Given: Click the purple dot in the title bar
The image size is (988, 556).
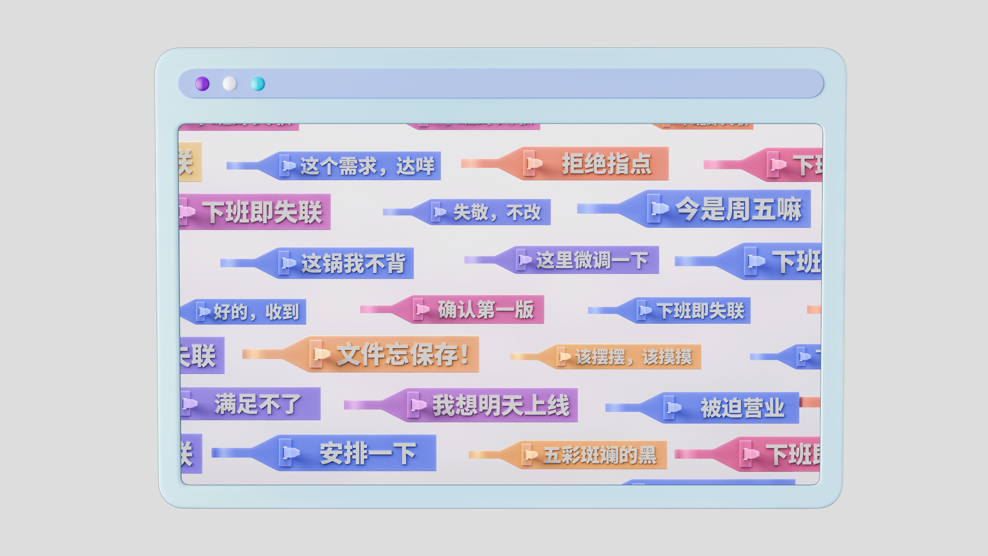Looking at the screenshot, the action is (x=202, y=84).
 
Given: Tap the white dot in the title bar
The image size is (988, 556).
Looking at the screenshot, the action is (x=230, y=84).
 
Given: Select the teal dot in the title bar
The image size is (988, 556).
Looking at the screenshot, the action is (x=258, y=84).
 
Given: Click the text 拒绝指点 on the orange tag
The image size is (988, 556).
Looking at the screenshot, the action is (x=606, y=164).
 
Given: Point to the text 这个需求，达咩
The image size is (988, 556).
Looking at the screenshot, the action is (x=367, y=166).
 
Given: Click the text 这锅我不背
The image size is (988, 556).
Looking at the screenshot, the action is (x=353, y=264).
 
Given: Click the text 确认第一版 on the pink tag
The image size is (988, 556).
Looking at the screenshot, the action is (x=486, y=309).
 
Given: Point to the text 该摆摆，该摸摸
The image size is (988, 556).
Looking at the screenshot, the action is (x=633, y=357).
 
